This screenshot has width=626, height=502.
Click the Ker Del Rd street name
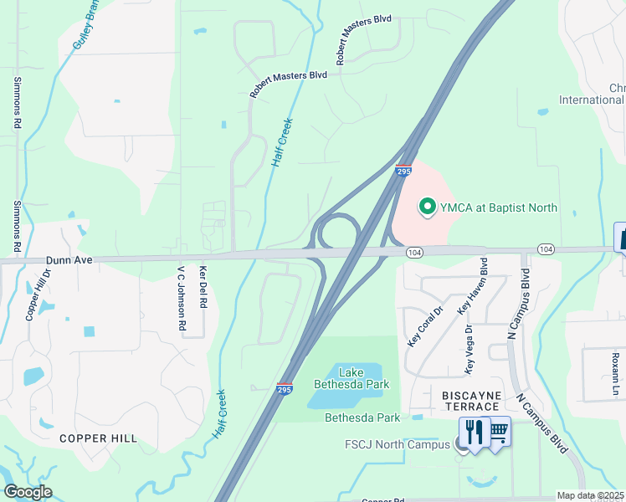pos(203,287)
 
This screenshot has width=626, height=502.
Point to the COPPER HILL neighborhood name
pos(98,438)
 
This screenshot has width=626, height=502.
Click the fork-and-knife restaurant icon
pos(475,432)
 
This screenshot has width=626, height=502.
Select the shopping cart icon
pos(498,432)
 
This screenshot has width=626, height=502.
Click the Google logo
pos(28,491)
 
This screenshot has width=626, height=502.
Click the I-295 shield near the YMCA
pos(403,170)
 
